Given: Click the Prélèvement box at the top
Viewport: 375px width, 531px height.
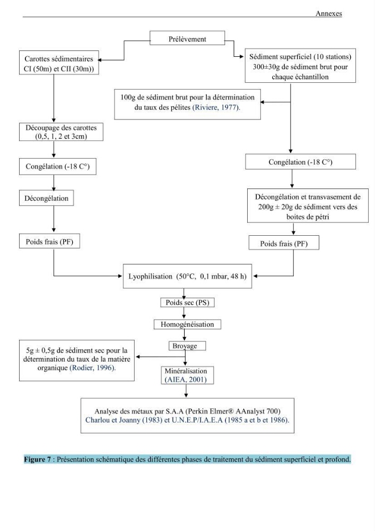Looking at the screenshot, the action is tap(187, 38).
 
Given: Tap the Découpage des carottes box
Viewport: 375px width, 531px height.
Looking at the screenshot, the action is tap(61, 132).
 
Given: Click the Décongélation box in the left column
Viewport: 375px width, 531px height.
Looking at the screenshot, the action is tap(46, 198).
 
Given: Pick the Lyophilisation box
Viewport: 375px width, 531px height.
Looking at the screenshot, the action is tap(187, 276).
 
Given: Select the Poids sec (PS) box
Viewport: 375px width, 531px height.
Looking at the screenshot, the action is tap(187, 303).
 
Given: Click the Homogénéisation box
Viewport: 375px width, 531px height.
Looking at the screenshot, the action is tap(187, 324).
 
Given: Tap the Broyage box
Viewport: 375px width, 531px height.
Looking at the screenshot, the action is tap(187, 346).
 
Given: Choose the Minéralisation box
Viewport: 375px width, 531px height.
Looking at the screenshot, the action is tap(187, 375).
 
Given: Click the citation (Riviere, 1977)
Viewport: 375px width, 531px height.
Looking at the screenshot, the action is tap(216, 108).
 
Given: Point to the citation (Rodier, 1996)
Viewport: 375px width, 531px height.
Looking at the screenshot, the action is tap(93, 368).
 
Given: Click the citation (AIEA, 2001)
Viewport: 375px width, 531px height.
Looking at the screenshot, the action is tap(185, 380).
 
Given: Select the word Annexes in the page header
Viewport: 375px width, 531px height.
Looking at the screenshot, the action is tap(329, 14).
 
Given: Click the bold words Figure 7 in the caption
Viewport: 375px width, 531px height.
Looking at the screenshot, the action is tap(38, 459).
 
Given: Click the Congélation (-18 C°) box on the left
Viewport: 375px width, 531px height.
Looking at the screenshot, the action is tap(57, 166).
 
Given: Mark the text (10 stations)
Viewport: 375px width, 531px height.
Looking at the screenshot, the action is tap(333, 57).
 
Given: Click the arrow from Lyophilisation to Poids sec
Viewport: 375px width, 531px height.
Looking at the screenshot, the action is tap(184, 293).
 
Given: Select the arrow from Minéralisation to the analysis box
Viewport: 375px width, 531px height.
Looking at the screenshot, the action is tap(186, 391).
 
